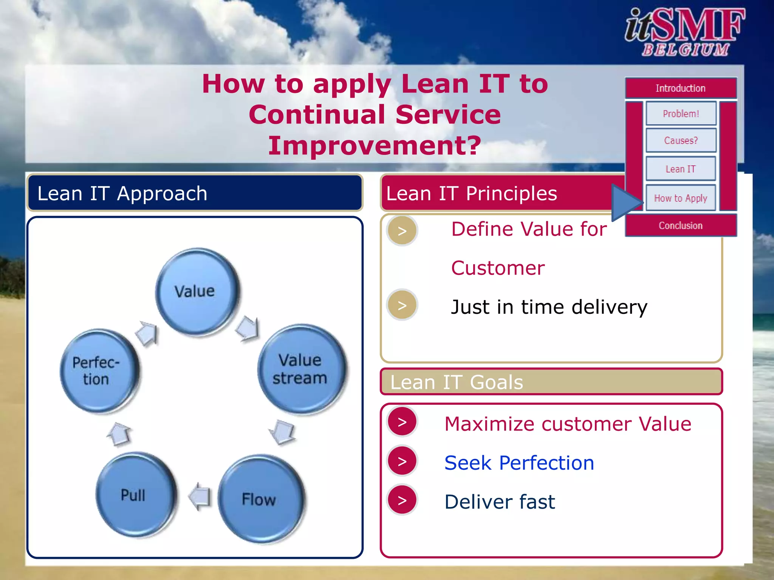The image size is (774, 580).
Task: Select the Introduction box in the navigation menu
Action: (x=681, y=88)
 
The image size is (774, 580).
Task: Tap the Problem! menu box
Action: (x=681, y=113)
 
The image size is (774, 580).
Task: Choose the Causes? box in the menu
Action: (x=681, y=140)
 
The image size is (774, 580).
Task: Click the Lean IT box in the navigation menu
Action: (x=681, y=169)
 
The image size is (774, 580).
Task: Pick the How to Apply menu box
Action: (x=681, y=198)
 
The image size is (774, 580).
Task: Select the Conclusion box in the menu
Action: (x=681, y=225)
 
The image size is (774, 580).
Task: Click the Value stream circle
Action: (x=301, y=369)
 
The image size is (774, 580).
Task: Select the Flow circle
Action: (x=260, y=499)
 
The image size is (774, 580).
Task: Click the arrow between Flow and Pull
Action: (x=200, y=496)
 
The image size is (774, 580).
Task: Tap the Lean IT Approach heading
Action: (x=122, y=193)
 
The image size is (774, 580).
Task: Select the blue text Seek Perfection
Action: (x=519, y=463)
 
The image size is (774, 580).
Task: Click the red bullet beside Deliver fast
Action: (x=402, y=500)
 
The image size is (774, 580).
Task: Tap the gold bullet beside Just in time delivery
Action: (x=402, y=305)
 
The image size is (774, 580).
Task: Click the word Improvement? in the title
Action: (x=375, y=146)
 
